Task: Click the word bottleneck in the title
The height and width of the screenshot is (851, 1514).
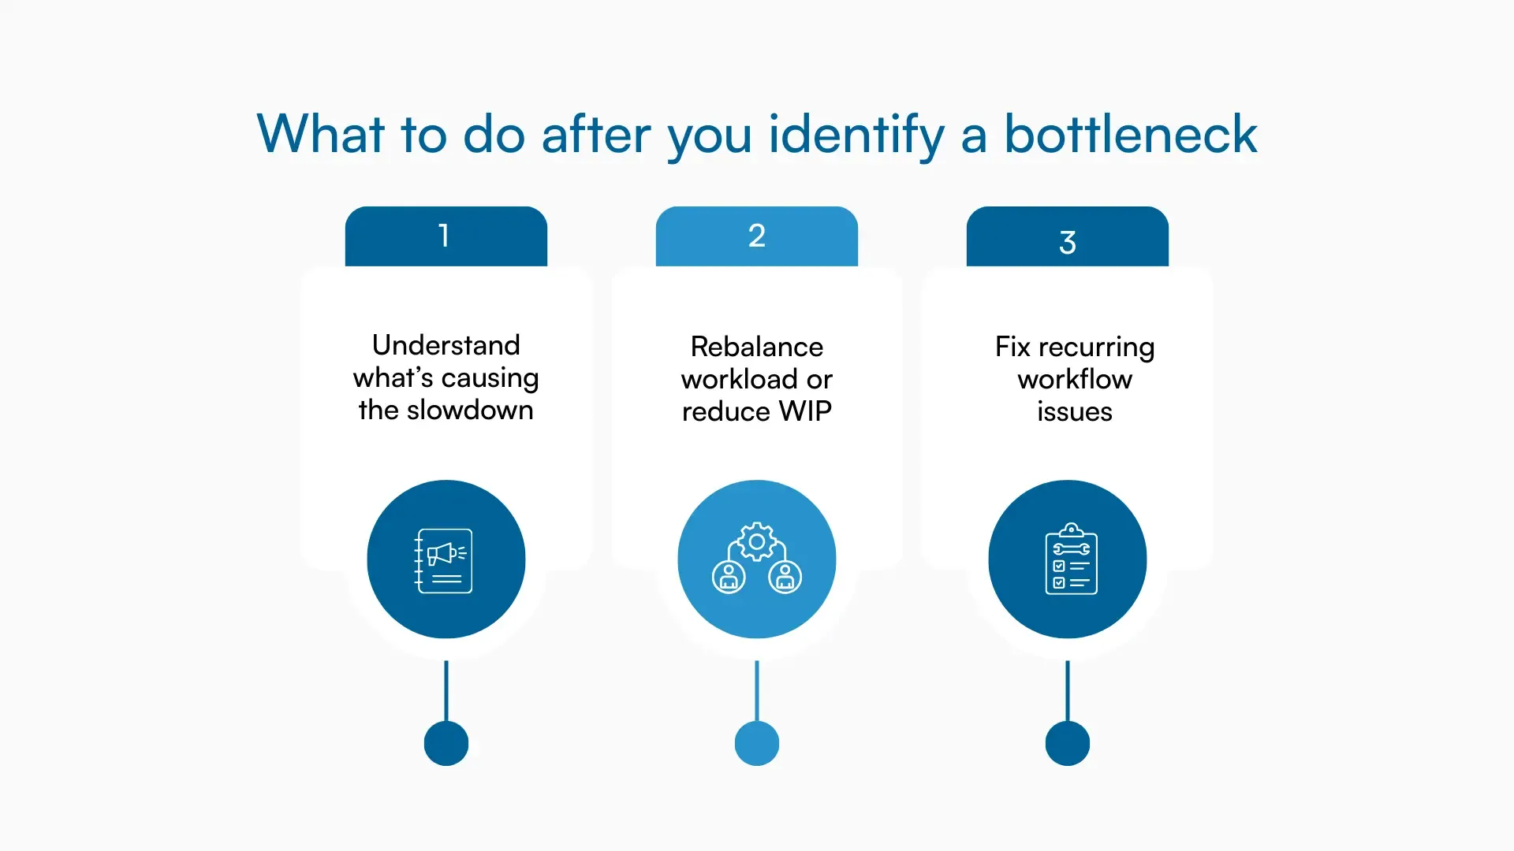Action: coord(1130,134)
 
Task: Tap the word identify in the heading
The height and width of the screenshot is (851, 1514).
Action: coord(856,136)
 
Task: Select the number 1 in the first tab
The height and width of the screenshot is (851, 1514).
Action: coord(445,236)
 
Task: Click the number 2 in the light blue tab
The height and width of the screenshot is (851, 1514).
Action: coord(756,236)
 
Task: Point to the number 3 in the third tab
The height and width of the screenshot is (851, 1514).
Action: coord(1067,242)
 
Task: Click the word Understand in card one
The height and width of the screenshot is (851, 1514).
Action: coord(446,345)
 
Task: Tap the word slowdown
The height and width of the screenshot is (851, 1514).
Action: coord(470,411)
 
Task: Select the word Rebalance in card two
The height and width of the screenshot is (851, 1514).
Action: coord(756,347)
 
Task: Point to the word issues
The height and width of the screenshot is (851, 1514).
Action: coord(1074,412)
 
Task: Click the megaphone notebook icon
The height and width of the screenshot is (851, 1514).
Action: coord(444,560)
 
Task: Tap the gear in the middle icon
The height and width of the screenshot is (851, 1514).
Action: coord(756,542)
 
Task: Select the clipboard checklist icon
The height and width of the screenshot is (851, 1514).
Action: coord(1070,559)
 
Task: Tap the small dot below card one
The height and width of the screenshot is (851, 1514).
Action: coord(446,743)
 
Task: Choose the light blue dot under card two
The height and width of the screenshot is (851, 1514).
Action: coord(756,743)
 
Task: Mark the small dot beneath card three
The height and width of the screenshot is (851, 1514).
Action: coord(1067,743)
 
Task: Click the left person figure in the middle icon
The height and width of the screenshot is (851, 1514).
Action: coord(729,578)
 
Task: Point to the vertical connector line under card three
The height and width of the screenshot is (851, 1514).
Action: coord(1067,690)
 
